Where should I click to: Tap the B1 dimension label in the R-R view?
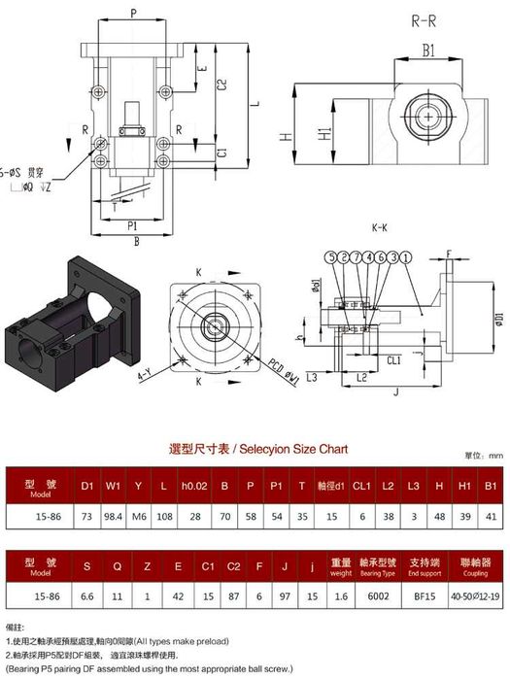pyautogui.click(x=427, y=51)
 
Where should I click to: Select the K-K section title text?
pyautogui.click(x=380, y=228)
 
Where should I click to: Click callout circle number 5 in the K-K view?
pyautogui.click(x=331, y=256)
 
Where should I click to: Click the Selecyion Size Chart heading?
pyautogui.click(x=258, y=449)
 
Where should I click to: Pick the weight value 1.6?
pyautogui.click(x=341, y=599)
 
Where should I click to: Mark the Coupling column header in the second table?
pyautogui.click(x=476, y=567)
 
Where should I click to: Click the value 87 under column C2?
pyautogui.click(x=233, y=599)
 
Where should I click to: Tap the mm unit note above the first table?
pyautogui.click(x=496, y=455)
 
